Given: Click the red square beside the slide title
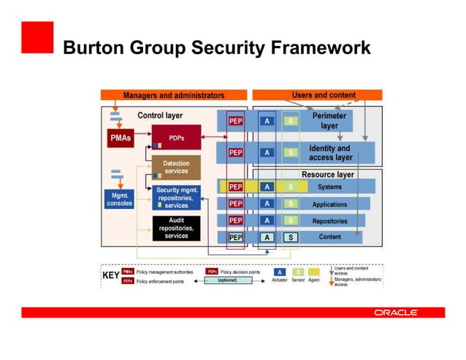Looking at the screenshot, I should [37, 37].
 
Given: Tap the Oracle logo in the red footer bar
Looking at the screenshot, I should [396, 313].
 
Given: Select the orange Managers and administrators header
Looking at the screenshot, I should [173, 95].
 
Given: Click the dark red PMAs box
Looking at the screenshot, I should [120, 137].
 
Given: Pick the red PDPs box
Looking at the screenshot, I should [176, 137].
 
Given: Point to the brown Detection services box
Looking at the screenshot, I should [176, 167].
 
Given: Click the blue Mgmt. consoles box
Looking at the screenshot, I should [119, 199].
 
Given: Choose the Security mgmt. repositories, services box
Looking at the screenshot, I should [176, 198].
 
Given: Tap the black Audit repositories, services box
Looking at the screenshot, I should [176, 228].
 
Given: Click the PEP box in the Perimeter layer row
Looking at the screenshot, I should [236, 121].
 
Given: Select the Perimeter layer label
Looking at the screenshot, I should [329, 120].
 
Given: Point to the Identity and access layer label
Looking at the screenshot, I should [330, 153].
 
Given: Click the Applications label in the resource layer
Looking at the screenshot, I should [329, 204].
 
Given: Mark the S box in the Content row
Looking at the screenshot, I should [290, 237].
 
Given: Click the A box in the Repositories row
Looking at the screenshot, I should [267, 221].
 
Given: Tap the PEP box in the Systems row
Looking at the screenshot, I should [236, 187].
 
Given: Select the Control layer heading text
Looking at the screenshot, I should [160, 115].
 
